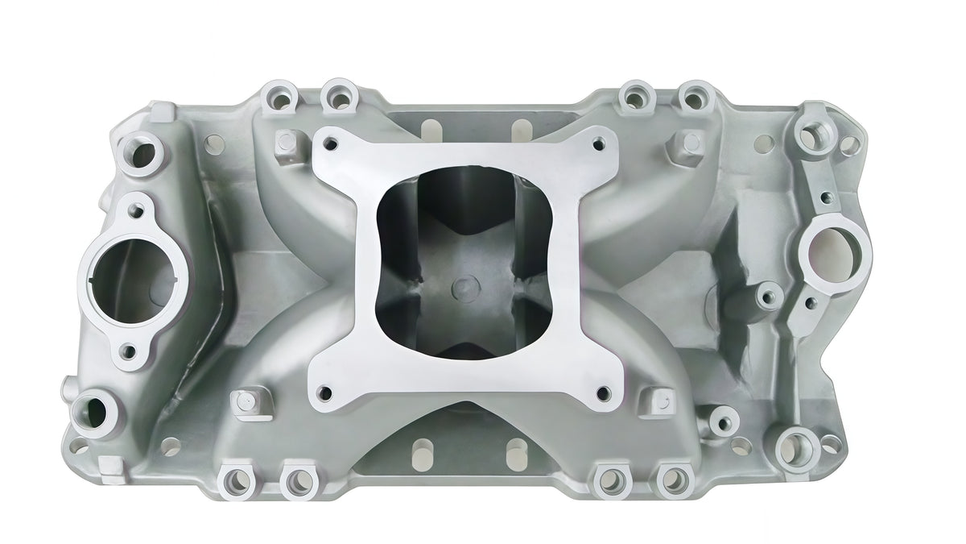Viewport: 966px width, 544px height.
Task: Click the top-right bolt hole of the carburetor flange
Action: click(597, 145)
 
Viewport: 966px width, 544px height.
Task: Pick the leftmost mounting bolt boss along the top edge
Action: click(271, 103)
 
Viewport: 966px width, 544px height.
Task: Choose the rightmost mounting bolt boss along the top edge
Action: click(691, 99)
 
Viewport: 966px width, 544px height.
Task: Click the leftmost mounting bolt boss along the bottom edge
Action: click(238, 481)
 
